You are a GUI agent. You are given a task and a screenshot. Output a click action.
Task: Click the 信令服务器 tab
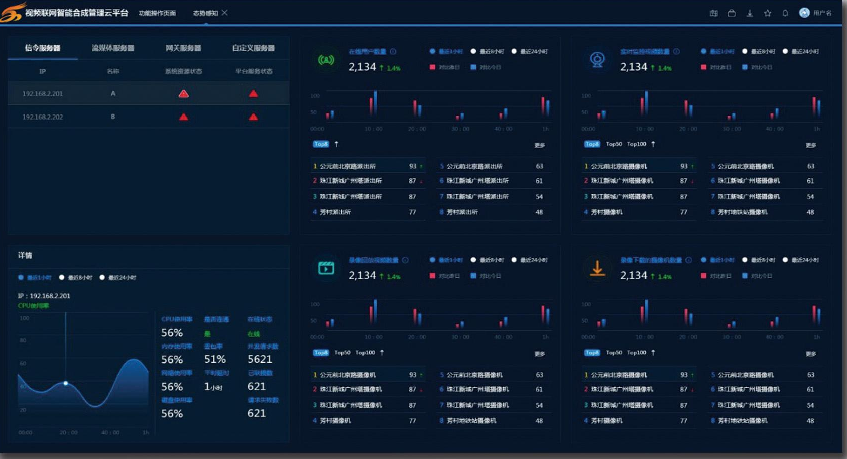tap(42, 48)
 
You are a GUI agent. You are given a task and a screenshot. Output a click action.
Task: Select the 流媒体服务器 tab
tap(112, 48)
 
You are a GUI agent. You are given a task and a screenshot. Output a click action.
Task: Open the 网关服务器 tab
tap(183, 48)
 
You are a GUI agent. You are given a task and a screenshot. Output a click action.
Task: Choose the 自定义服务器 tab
tap(253, 48)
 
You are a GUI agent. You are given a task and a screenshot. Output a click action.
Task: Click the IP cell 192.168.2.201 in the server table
tap(43, 94)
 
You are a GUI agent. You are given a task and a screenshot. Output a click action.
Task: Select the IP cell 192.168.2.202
tap(43, 117)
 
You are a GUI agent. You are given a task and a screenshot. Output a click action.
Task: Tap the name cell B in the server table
tap(113, 117)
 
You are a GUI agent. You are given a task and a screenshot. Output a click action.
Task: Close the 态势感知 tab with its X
tap(224, 13)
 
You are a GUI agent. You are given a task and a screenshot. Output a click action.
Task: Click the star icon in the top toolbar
tap(767, 13)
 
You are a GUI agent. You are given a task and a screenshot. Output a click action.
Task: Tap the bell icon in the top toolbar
tap(785, 13)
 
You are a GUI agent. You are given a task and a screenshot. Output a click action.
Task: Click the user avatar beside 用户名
tap(804, 13)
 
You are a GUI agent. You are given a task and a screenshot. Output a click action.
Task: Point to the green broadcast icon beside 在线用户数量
tap(326, 60)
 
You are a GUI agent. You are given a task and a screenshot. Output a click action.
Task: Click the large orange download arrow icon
tap(597, 269)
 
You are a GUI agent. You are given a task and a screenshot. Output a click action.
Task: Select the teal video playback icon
tap(326, 268)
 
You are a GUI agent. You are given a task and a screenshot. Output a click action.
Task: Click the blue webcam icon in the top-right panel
tap(597, 60)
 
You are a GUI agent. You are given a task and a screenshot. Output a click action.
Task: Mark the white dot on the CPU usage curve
tap(66, 383)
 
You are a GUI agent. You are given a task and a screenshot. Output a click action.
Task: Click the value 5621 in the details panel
tap(260, 359)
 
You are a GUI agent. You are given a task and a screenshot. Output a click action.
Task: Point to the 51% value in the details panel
tap(215, 359)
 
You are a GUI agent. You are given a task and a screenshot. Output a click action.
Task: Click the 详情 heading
tap(25, 255)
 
